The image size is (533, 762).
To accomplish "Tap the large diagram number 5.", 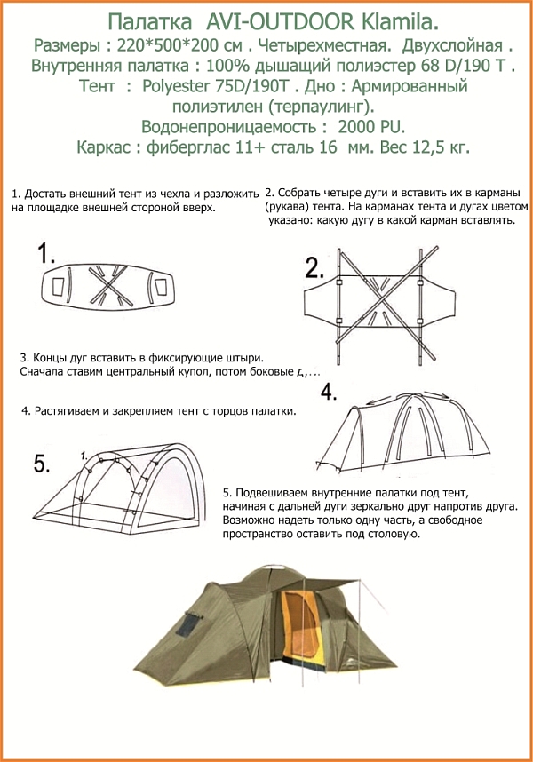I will coord(41,463).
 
